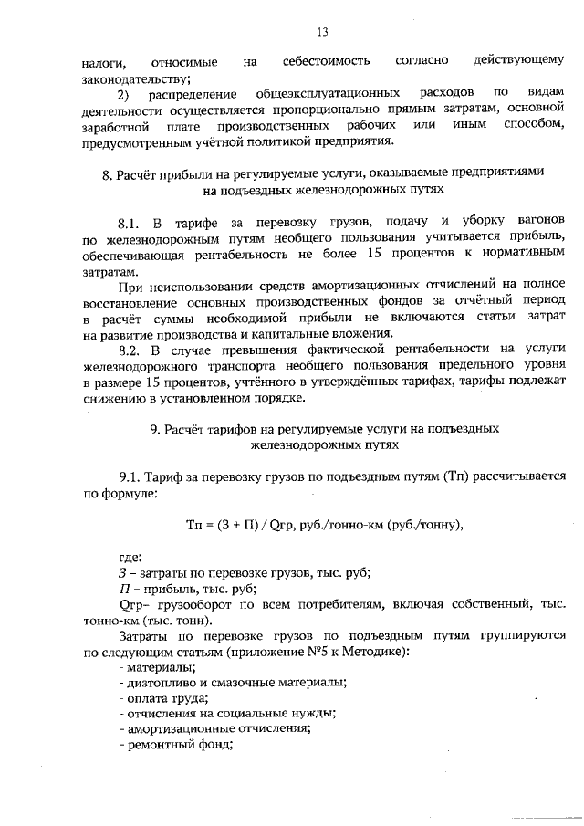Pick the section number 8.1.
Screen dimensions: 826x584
[x=130, y=223]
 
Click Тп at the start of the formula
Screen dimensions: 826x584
[x=193, y=524]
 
